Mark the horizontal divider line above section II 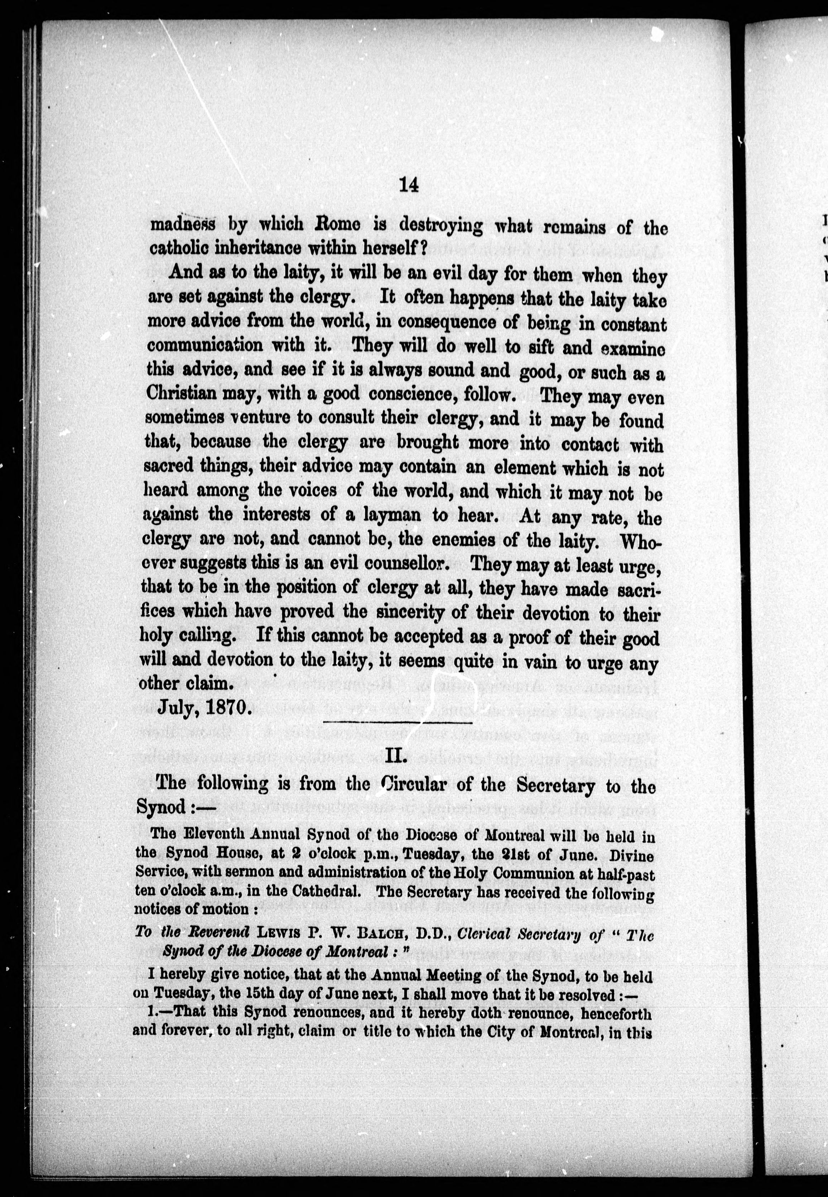(398, 723)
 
